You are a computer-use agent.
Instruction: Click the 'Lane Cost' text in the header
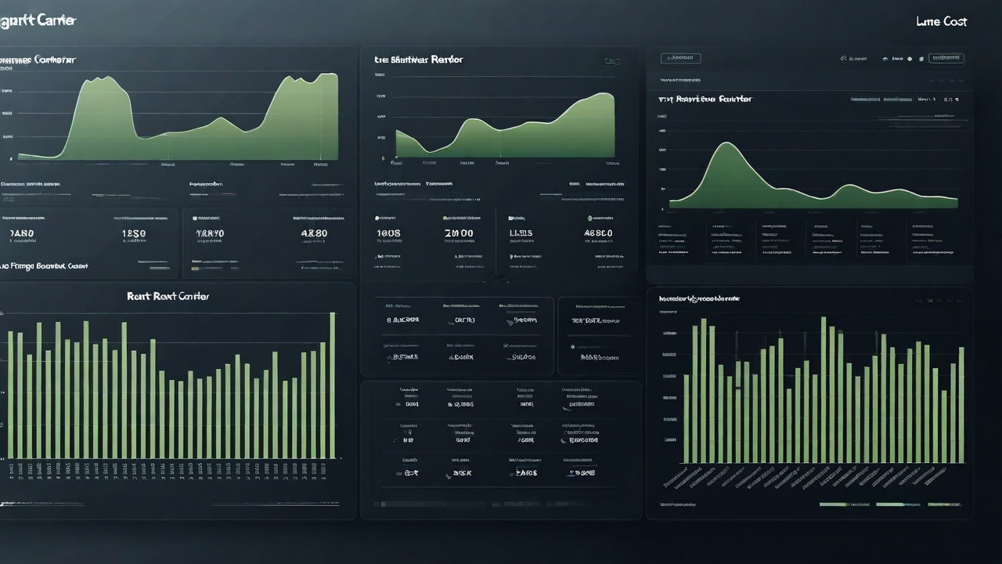point(941,22)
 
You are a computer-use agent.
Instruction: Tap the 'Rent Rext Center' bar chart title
point(168,297)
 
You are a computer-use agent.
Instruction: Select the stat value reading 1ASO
point(21,233)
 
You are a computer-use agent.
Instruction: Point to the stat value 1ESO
point(134,233)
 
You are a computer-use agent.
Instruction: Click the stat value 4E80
point(314,233)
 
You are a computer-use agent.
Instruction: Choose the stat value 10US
point(388,233)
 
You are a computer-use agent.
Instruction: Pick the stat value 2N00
point(459,233)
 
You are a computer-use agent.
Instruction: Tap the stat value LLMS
point(521,233)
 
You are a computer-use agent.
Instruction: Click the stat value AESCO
point(598,233)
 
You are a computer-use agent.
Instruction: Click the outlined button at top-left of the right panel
point(680,58)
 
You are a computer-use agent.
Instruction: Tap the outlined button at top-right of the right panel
point(946,58)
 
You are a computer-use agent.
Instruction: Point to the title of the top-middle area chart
point(418,60)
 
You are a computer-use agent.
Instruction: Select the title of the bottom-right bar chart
point(699,298)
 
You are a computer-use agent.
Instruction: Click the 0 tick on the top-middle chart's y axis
point(383,158)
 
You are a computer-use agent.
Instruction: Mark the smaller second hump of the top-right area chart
point(852,186)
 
